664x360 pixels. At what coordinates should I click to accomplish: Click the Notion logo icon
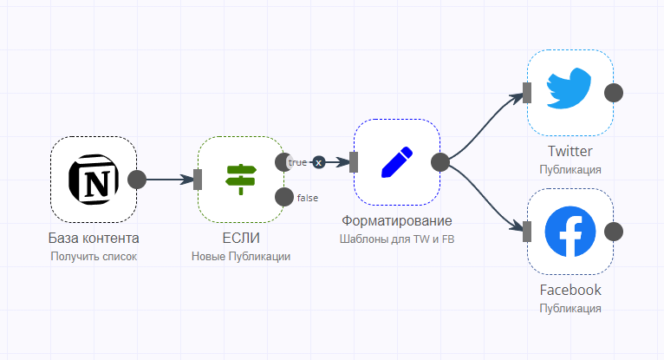point(94,180)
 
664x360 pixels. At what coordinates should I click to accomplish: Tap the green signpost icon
point(240,180)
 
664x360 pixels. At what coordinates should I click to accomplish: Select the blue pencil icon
point(397,162)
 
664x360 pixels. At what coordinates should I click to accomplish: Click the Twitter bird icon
point(569,88)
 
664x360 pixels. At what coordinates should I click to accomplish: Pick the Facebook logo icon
point(570,232)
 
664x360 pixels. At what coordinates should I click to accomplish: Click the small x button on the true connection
point(319,162)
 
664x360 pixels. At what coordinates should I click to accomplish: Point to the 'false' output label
point(308,198)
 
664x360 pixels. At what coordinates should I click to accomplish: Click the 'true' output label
point(297,162)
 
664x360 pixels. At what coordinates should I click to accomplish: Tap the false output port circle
point(284,197)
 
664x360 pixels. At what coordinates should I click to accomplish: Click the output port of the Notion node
point(137,180)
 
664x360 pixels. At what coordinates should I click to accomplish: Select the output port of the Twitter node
point(614,93)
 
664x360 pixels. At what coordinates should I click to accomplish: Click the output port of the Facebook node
point(614,232)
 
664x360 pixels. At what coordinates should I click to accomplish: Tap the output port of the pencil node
point(440,162)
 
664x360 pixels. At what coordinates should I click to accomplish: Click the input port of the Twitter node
point(527,93)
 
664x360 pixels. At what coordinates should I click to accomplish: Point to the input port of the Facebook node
point(527,232)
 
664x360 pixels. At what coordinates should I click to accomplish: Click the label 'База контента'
point(94,238)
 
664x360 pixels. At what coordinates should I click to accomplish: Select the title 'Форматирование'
point(397,220)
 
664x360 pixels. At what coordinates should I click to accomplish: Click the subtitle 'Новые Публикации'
point(241,256)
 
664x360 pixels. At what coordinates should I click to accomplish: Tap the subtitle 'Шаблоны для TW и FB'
point(397,239)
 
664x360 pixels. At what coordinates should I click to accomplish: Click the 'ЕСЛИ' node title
point(241,238)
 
